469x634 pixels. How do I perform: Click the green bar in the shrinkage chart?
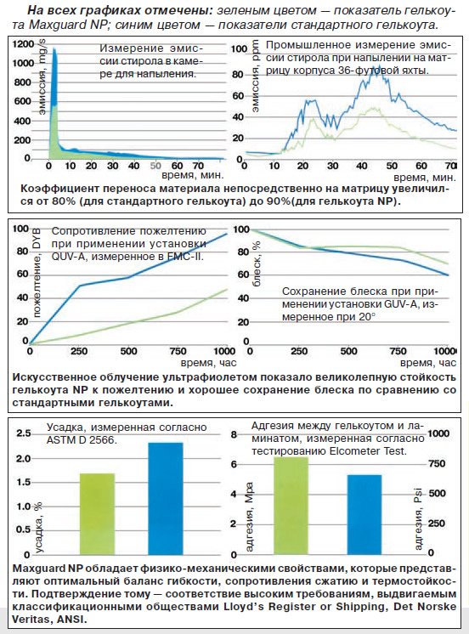tap(97, 513)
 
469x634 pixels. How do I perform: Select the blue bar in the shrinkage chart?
tap(166, 498)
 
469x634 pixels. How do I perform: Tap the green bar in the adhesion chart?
tap(291, 506)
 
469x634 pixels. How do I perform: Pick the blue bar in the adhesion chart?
tap(364, 514)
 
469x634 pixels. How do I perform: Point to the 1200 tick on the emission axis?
tap(24, 43)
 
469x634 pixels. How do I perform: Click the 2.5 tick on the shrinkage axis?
tap(24, 433)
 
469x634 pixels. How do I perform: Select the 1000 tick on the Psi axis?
tap(438, 433)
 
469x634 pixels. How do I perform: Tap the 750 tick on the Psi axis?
tap(437, 463)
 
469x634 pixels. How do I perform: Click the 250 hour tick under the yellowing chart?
tap(79, 351)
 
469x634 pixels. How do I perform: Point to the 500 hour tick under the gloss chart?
tap(348, 351)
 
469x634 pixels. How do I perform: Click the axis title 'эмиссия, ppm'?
tap(256, 76)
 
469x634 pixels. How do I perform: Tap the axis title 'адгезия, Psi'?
tap(418, 518)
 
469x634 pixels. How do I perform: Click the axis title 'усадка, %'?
tap(39, 527)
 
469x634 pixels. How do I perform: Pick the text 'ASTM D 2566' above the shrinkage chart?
tap(81, 440)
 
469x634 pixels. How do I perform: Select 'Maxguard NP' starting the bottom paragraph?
tap(48, 569)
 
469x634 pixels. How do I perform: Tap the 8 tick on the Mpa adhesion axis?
tap(234, 434)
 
